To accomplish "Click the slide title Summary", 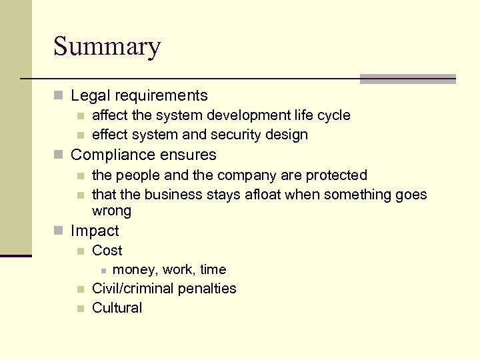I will [107, 47].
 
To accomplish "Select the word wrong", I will [111, 211].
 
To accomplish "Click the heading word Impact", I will [95, 231].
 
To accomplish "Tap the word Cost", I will [107, 251].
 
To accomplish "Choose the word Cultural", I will [117, 308].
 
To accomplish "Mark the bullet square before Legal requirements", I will [58, 97].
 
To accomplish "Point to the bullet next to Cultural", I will [80, 309].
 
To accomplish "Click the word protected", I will [336, 175].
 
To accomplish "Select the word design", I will [288, 135].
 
